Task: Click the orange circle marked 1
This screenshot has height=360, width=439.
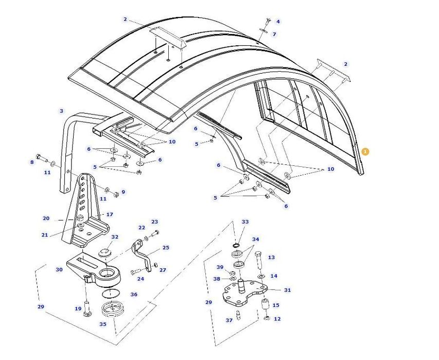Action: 365,151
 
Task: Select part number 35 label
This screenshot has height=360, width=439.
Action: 102,324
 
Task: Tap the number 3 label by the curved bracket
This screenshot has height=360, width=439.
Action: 61,111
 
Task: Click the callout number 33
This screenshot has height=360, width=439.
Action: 245,222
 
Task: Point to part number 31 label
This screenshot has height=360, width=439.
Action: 287,290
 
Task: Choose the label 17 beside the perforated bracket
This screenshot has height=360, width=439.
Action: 109,214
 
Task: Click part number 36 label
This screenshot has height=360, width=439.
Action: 134,295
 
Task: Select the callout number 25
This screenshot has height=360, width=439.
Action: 166,248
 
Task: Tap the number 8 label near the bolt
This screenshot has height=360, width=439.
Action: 32,162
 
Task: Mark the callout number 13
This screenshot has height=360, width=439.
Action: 271,258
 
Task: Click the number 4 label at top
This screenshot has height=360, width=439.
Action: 278,22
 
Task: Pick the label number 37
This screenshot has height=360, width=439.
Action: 229,320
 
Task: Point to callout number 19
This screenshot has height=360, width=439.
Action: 78,309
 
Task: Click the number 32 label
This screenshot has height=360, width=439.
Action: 115,237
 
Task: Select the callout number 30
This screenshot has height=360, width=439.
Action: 59,270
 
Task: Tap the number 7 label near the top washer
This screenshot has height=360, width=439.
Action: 274,35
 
